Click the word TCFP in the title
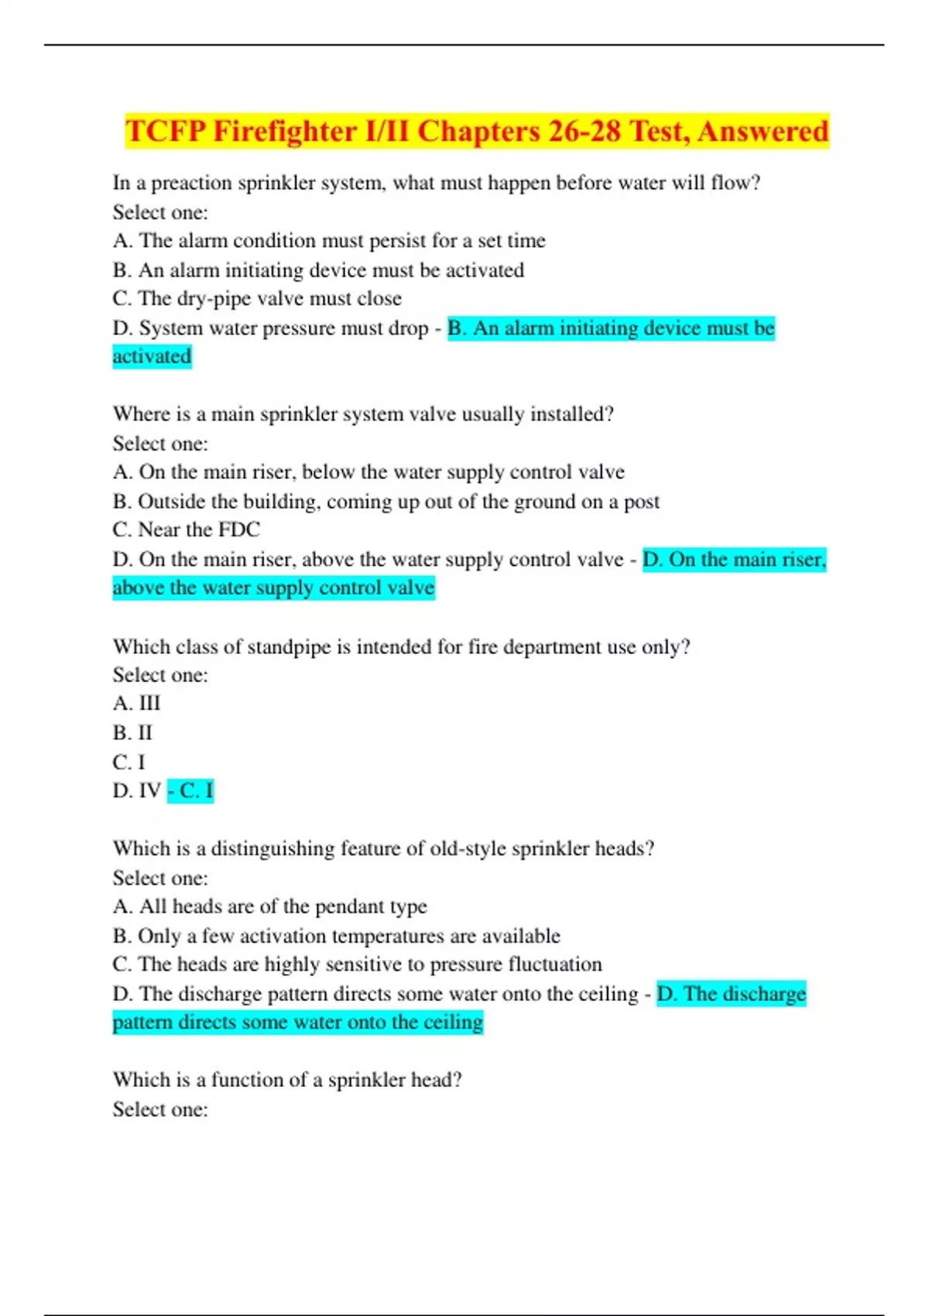(164, 131)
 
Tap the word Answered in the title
(763, 131)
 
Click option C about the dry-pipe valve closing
(257, 299)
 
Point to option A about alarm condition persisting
(329, 241)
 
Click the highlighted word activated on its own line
(152, 357)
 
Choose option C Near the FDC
(187, 529)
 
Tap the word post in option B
(642, 502)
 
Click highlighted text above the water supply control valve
(273, 588)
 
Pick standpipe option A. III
(136, 704)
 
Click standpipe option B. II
(132, 732)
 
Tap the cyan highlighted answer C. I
(191, 790)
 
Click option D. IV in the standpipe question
(137, 790)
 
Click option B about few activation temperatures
(336, 936)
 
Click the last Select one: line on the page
(160, 1109)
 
